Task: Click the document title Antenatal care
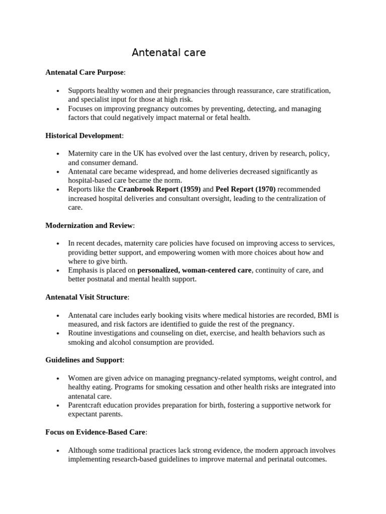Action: tap(168, 53)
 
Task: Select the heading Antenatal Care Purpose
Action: tap(84, 72)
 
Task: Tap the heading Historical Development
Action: tap(83, 136)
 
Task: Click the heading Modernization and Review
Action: tap(89, 225)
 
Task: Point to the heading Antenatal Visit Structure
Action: tap(86, 297)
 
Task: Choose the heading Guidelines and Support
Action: tap(84, 360)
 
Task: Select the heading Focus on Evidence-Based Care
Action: tap(95, 432)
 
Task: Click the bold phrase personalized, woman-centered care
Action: tap(194, 270)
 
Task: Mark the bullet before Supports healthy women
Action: tap(58, 91)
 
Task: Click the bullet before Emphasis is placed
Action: tap(58, 271)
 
